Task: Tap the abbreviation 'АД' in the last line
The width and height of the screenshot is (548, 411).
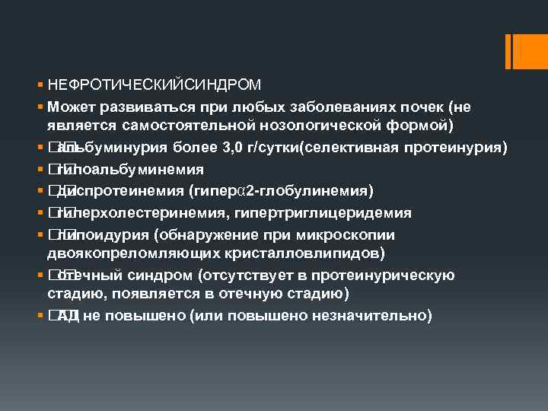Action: click(x=68, y=316)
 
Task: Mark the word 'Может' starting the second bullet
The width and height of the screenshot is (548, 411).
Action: click(x=68, y=104)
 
